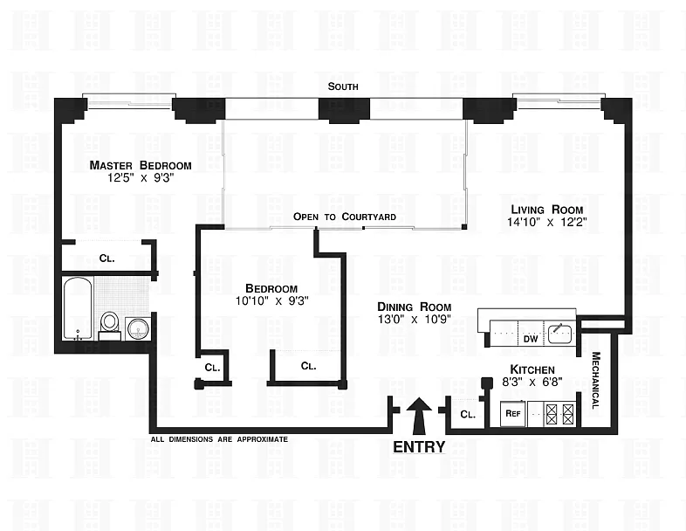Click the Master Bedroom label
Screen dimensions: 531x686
tap(141, 165)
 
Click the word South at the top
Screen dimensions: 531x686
tap(343, 86)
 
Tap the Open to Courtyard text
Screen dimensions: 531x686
tap(345, 217)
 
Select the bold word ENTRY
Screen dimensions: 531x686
tap(419, 447)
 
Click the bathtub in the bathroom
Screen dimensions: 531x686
tap(79, 307)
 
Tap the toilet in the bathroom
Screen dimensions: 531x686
tap(110, 323)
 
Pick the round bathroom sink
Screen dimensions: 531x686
tap(137, 328)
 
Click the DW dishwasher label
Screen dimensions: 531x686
tap(529, 338)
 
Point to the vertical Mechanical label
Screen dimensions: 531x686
tap(596, 380)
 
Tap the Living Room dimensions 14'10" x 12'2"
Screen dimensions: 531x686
tap(547, 222)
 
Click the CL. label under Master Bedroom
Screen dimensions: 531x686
tap(106, 259)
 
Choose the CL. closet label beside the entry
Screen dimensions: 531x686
tap(467, 415)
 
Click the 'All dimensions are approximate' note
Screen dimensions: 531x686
tap(219, 439)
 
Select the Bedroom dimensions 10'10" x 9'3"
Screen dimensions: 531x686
tap(271, 301)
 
